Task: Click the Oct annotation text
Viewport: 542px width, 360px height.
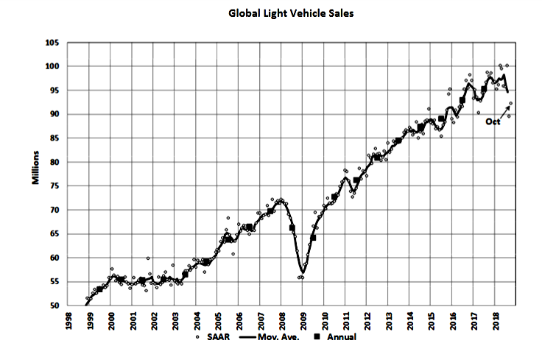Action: pos(493,123)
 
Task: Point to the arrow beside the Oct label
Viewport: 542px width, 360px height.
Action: pos(505,112)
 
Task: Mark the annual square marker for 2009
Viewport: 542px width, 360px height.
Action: pos(314,237)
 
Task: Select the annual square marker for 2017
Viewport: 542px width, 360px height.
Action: pos(484,90)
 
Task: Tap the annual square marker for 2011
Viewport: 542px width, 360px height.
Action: pos(356,180)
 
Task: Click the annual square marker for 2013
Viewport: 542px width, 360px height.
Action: pos(398,141)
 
